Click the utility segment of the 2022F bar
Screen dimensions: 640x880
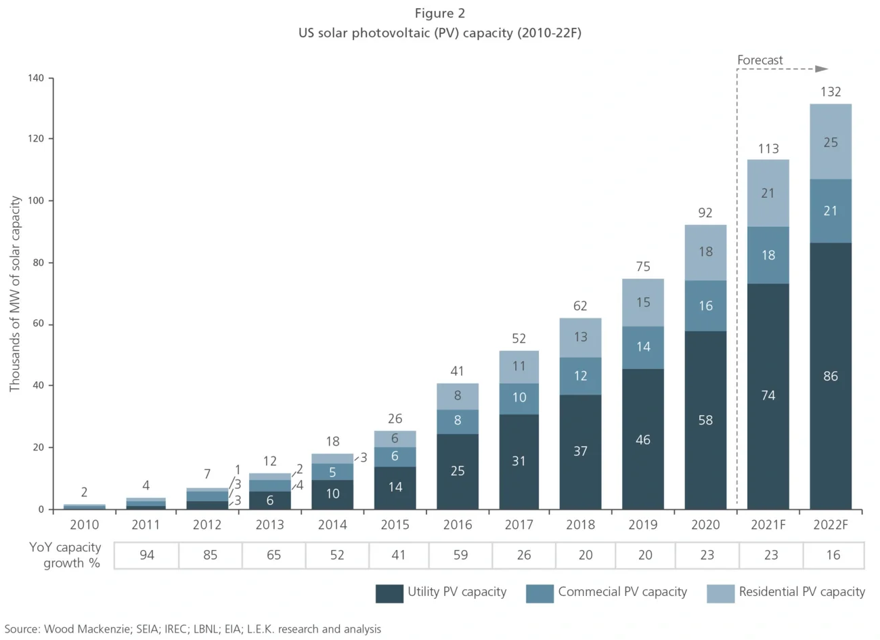tap(830, 376)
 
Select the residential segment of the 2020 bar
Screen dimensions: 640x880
tap(705, 252)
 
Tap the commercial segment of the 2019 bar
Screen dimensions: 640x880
tap(642, 347)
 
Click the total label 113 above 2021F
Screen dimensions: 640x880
tap(768, 148)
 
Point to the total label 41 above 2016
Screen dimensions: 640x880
tap(457, 371)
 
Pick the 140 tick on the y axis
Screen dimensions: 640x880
tap(36, 78)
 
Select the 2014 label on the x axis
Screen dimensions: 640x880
tap(332, 525)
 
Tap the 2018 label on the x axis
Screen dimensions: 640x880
tap(580, 525)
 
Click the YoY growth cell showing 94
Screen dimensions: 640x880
tap(147, 555)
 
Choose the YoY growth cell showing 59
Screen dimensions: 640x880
tap(460, 555)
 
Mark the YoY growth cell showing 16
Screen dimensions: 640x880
tap(833, 555)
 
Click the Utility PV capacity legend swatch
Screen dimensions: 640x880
tap(389, 593)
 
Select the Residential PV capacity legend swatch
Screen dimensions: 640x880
tap(720, 593)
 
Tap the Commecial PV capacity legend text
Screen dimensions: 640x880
tap(622, 592)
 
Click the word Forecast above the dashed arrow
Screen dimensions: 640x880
tap(760, 60)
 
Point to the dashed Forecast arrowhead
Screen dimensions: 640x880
tap(822, 69)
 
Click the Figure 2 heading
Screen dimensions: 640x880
tap(440, 14)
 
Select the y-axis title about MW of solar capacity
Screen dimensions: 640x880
tap(15, 294)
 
